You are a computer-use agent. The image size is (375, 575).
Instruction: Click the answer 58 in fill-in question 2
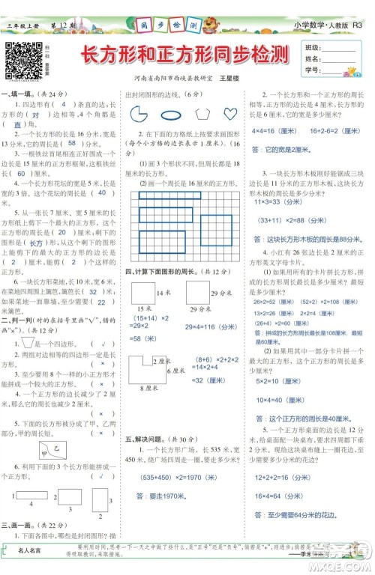tap(72, 143)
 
